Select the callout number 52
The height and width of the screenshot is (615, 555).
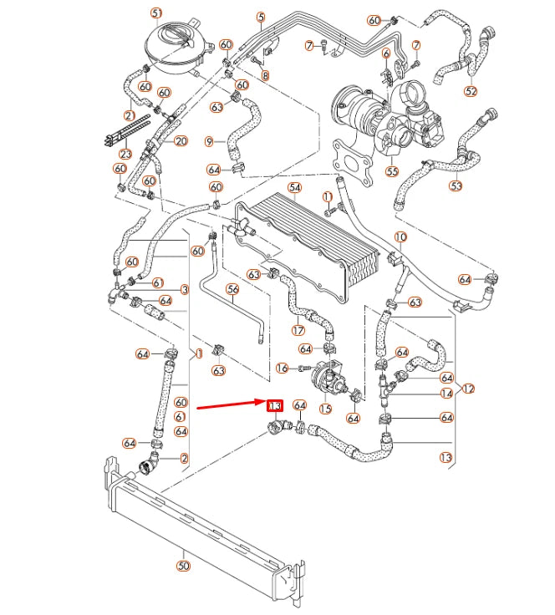point(471,91)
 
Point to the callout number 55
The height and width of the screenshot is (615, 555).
point(392,171)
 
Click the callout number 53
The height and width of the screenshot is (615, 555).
point(456,186)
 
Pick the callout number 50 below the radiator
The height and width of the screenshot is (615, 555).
point(183,566)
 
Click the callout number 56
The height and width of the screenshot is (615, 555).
point(233,289)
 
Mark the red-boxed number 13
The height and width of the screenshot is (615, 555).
point(274,406)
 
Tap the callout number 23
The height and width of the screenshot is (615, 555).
point(125,154)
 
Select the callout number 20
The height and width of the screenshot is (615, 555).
point(181,140)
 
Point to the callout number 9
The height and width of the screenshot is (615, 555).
point(209,140)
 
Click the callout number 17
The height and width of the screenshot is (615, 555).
point(298,330)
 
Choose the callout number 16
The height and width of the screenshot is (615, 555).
point(282,368)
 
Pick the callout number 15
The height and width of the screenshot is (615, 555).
point(325,409)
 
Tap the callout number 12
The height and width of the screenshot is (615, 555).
point(468,389)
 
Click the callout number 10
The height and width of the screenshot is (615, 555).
point(400,237)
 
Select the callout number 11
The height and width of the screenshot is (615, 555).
point(328,196)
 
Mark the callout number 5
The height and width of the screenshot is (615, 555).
point(261,17)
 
